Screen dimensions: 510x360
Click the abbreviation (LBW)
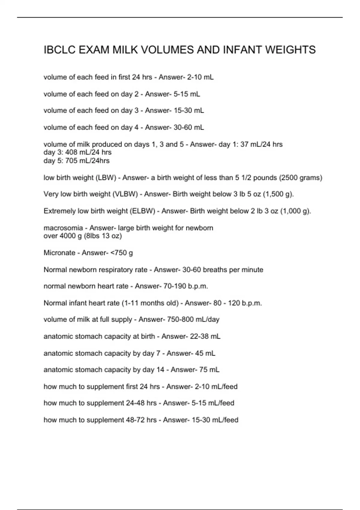pos(106,178)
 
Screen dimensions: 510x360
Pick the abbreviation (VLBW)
pos(125,194)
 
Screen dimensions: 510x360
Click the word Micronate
pos(59,253)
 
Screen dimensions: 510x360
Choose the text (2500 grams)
pos(301,178)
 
